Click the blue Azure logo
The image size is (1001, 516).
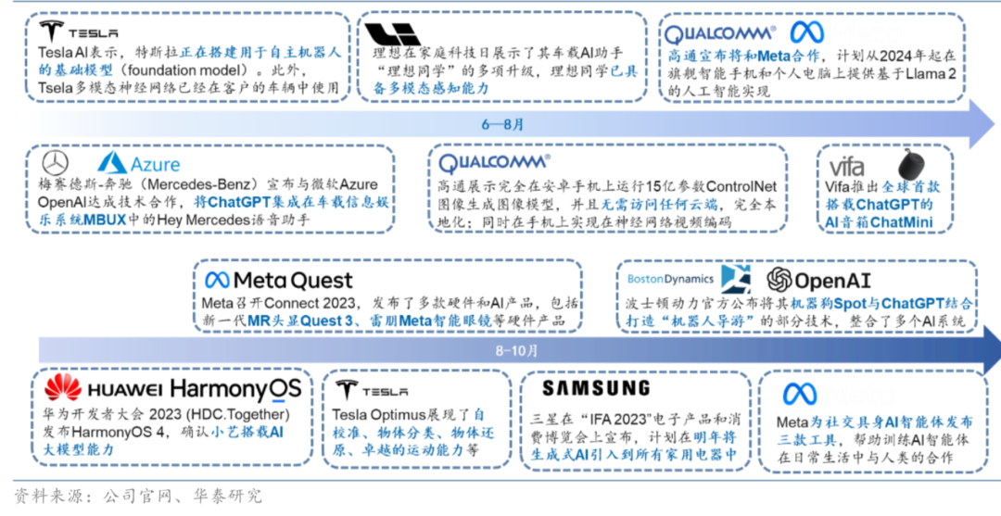coord(139,164)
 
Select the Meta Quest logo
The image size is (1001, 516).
coord(279,280)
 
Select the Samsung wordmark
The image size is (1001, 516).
coord(595,388)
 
